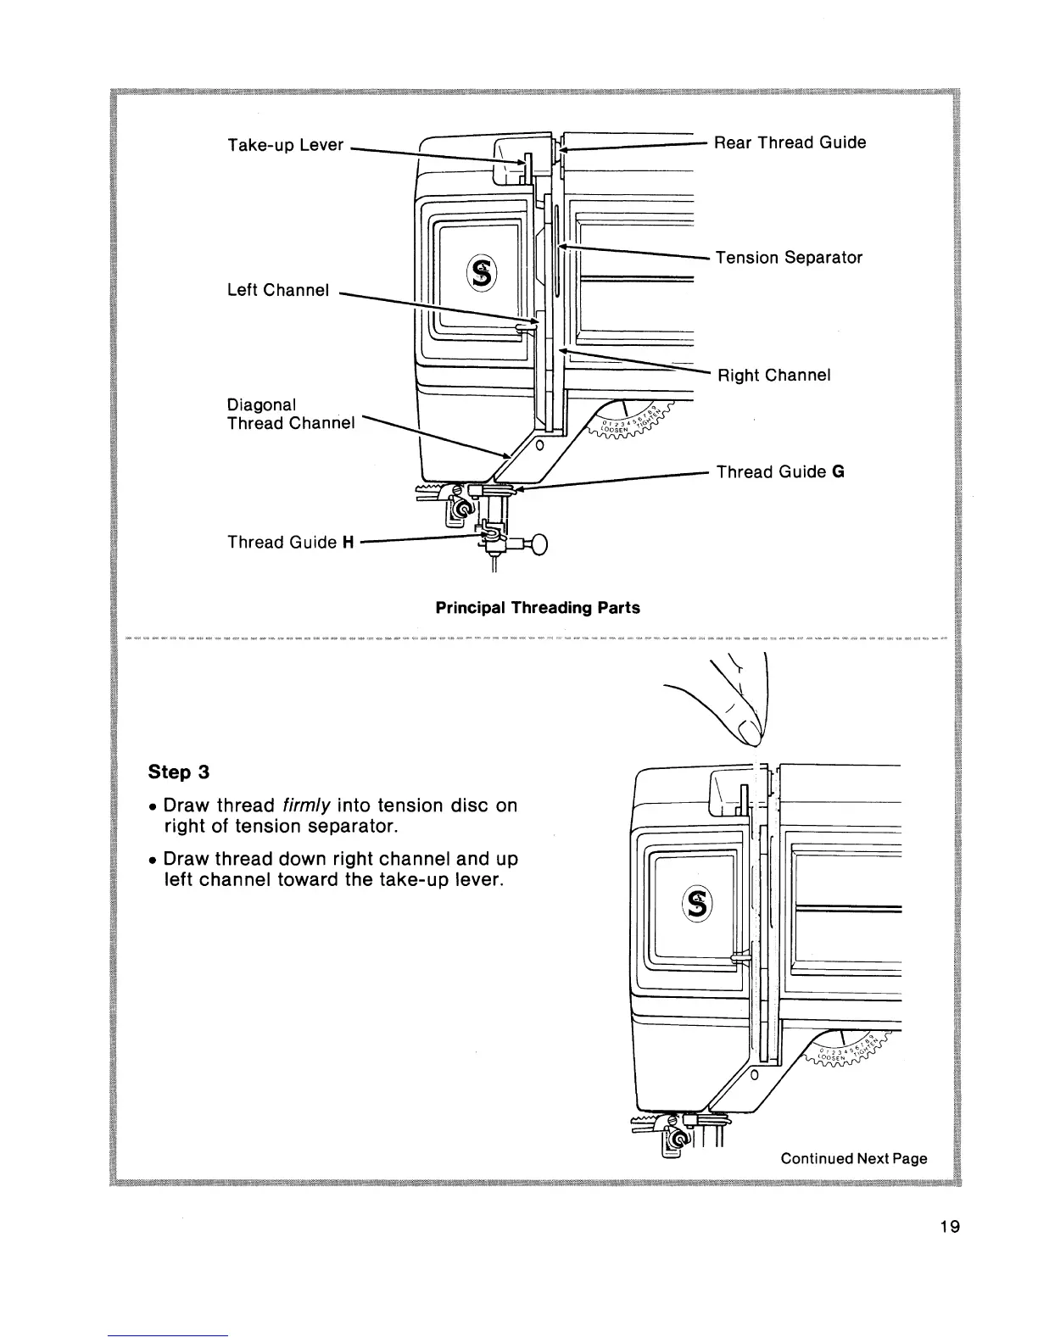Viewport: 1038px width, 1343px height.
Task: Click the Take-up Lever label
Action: point(285,144)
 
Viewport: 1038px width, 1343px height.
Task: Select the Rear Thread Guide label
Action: point(790,142)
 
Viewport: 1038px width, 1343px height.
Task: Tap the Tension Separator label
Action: point(789,257)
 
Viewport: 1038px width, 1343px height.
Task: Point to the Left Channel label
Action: point(277,290)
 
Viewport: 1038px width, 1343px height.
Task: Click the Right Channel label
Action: point(774,375)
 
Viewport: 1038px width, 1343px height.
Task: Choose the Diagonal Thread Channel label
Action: point(290,414)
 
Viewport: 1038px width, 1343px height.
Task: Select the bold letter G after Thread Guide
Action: point(837,472)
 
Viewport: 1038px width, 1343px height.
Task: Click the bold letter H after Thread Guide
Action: point(347,543)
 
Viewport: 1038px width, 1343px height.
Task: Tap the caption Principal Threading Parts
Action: point(538,608)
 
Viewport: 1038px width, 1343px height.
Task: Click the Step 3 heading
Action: point(178,772)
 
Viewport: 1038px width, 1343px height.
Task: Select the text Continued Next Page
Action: point(853,1159)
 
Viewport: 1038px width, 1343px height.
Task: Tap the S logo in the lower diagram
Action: point(698,906)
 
